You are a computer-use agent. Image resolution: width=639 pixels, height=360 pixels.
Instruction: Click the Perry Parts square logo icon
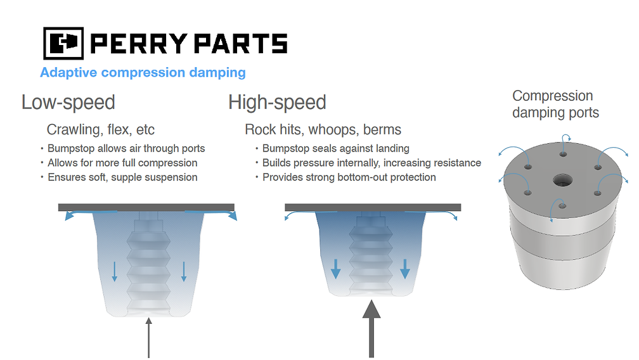click(x=63, y=43)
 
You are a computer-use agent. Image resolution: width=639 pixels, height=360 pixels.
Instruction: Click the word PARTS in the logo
click(x=240, y=44)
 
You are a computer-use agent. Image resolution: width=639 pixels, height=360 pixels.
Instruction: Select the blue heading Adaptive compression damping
click(x=143, y=72)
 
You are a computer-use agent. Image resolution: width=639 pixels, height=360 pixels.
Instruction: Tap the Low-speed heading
click(x=68, y=102)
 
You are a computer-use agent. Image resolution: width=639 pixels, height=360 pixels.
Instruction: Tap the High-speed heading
click(x=277, y=102)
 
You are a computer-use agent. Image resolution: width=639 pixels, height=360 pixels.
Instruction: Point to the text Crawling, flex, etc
click(x=101, y=130)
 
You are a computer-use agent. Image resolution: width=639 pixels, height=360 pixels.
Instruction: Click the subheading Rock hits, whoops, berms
click(x=323, y=130)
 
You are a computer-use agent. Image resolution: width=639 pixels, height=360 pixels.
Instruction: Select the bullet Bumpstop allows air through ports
click(x=126, y=148)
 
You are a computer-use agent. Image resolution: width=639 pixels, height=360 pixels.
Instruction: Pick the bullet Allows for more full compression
click(x=122, y=163)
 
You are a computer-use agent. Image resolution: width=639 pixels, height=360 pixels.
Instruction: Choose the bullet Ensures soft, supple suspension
click(x=122, y=177)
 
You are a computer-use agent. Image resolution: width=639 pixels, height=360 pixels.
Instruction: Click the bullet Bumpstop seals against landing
click(x=335, y=148)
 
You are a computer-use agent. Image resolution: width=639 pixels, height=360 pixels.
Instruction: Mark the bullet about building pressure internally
click(x=371, y=163)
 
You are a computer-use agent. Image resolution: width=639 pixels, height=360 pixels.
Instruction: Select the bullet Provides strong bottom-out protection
click(x=349, y=177)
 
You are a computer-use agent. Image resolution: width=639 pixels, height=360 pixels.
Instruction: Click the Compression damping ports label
click(x=555, y=105)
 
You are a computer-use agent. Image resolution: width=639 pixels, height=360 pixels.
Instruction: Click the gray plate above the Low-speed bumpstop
click(x=146, y=207)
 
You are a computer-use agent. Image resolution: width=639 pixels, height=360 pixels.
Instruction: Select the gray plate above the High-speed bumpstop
click(x=373, y=207)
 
